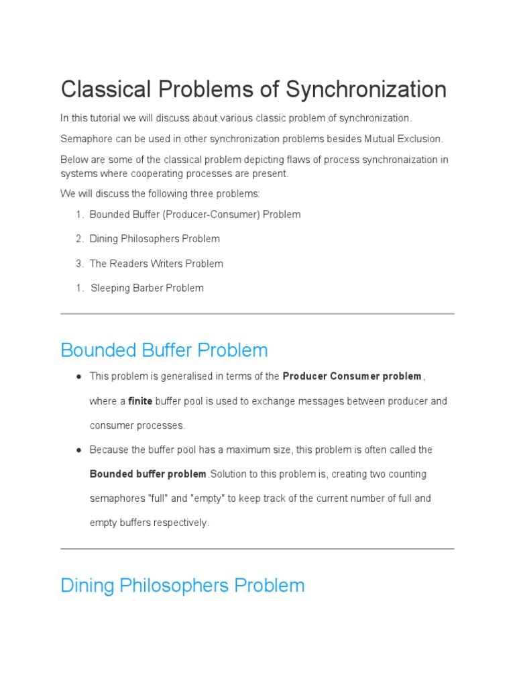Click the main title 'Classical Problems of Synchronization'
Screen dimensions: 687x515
tap(253, 89)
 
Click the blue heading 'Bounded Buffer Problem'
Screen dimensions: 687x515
tap(164, 350)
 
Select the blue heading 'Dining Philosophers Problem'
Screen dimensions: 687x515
tap(182, 586)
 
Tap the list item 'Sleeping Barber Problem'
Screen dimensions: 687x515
tap(147, 288)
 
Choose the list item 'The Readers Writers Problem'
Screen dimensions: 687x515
tap(156, 264)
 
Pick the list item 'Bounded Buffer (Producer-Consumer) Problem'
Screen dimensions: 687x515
tap(194, 215)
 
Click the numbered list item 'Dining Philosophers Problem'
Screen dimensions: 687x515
tap(154, 239)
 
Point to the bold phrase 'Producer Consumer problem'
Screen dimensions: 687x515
tap(352, 376)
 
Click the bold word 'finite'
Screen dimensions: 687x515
tap(140, 401)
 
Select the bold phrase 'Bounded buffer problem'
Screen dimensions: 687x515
tap(148, 474)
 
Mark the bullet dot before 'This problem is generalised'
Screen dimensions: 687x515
tap(79, 377)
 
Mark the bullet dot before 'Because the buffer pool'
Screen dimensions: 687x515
tap(79, 450)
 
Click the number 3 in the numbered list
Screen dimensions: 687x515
tap(78, 264)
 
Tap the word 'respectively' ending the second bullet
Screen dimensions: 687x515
tap(182, 523)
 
